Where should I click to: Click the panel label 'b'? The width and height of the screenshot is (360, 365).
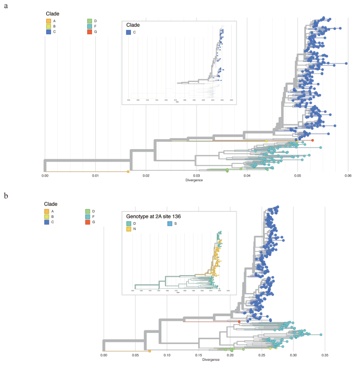[6, 195]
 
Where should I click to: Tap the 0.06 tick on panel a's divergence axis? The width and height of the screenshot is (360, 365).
[347, 176]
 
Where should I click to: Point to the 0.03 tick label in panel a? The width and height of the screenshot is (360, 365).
[196, 176]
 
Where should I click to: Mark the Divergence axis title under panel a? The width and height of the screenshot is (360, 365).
[196, 181]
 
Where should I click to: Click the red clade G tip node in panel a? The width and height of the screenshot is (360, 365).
[312, 140]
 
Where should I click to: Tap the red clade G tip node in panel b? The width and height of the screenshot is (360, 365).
[239, 321]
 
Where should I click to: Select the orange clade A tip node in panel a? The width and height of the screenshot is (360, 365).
[128, 171]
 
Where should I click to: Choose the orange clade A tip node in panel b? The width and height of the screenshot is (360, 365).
[150, 351]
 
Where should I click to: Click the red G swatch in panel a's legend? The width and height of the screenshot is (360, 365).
[89, 32]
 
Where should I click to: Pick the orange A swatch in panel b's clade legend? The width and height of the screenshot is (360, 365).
[46, 212]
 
